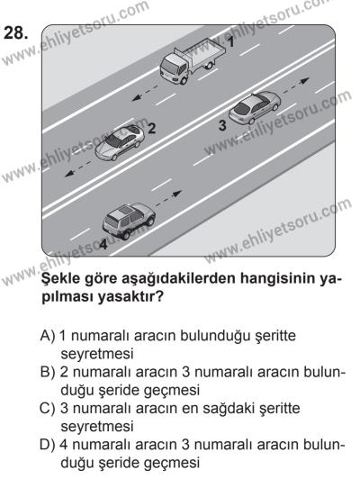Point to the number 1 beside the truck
pos(229,41)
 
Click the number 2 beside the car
pos(152,129)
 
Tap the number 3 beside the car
pos(221,125)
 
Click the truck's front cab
pos(170,64)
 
